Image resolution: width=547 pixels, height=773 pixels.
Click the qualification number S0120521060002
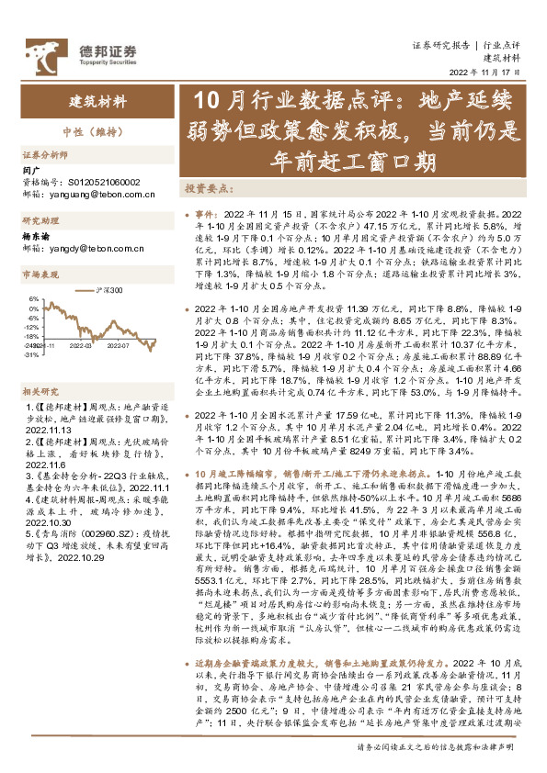click(99, 184)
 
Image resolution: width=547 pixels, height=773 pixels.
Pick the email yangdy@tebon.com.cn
click(92, 249)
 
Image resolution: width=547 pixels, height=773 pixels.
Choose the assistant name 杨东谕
click(35, 236)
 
